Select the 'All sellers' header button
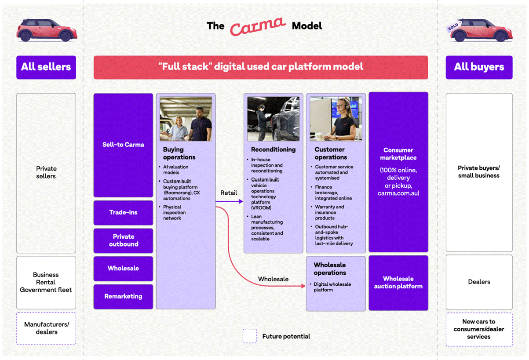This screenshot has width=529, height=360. pyautogui.click(x=46, y=67)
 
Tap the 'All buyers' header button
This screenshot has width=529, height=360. pyautogui.click(x=479, y=67)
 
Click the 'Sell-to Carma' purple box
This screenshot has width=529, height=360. pyautogui.click(x=123, y=145)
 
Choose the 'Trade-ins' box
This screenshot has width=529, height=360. pyautogui.click(x=123, y=212)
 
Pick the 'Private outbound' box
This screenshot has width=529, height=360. pyautogui.click(x=123, y=240)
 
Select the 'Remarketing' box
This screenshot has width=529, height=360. pyautogui.click(x=123, y=296)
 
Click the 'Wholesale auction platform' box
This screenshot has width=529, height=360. pyautogui.click(x=398, y=283)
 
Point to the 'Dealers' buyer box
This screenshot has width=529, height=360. pyautogui.click(x=479, y=282)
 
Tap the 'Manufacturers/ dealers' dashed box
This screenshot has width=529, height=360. pyautogui.click(x=46, y=328)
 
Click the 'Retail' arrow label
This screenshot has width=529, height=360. pyautogui.click(x=229, y=193)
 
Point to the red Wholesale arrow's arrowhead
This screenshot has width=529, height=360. pyautogui.click(x=303, y=286)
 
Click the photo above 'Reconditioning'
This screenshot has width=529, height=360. pyautogui.click(x=273, y=119)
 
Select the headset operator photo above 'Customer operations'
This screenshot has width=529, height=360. pyautogui.click(x=336, y=119)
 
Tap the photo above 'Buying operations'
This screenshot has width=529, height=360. pyautogui.click(x=186, y=119)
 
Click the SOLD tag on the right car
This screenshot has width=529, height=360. pyautogui.click(x=453, y=26)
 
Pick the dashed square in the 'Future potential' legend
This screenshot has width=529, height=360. pyautogui.click(x=250, y=336)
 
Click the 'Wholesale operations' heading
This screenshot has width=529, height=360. pyautogui.click(x=330, y=269)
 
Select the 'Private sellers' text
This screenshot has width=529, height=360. pyautogui.click(x=46, y=172)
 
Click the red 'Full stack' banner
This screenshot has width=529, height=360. pyautogui.click(x=261, y=67)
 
